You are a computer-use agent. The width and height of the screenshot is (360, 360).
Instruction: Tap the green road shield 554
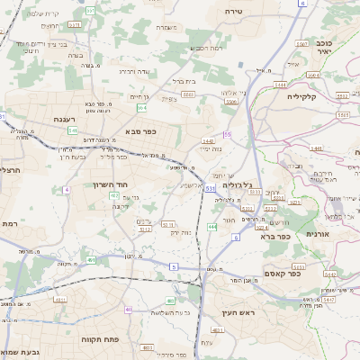[x=142, y=107]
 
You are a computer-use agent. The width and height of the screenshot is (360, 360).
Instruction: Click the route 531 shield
[x=210, y=189]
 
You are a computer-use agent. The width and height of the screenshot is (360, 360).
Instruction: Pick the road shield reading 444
[x=212, y=227]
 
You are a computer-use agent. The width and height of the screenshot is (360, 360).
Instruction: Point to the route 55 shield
[x=228, y=134]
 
